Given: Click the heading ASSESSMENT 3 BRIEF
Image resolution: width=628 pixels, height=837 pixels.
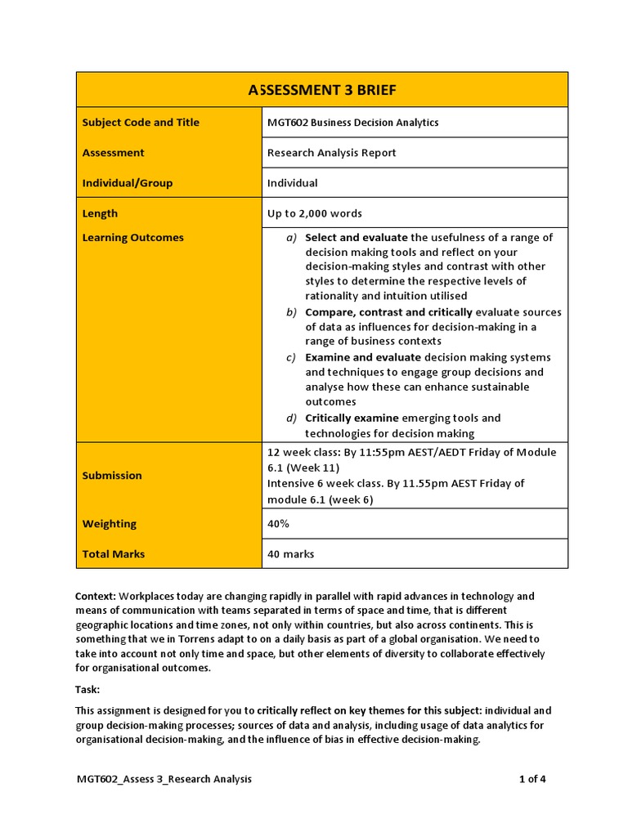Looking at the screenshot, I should coord(322,89).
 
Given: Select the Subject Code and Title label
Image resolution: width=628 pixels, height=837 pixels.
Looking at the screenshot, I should coord(141,123).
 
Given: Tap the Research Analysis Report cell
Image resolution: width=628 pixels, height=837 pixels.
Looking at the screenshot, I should coord(331,153).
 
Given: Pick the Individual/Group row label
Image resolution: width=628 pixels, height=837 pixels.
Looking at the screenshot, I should coord(128,183).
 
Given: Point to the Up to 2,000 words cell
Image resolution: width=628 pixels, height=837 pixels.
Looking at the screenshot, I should coord(314,213).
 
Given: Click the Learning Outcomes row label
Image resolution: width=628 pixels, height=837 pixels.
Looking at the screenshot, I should coord(133,238).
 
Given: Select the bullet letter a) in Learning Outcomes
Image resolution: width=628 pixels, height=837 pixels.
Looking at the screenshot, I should coord(291,238).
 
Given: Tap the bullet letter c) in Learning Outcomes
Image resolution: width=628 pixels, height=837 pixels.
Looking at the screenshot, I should coord(291,357).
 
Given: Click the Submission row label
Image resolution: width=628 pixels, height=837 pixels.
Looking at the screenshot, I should coord(112,475).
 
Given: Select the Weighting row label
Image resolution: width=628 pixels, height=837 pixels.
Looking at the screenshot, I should coord(110,524).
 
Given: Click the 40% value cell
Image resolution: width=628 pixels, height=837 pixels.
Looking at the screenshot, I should coord(279,524).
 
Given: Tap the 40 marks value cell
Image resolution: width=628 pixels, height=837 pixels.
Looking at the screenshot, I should coord(290,554).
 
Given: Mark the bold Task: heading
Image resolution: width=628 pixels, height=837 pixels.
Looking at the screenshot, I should coord(87,689).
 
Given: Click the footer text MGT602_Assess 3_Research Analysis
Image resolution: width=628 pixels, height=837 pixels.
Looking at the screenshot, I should coord(164,779).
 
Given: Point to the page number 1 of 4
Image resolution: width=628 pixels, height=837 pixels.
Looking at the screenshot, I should coord(532,779).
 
